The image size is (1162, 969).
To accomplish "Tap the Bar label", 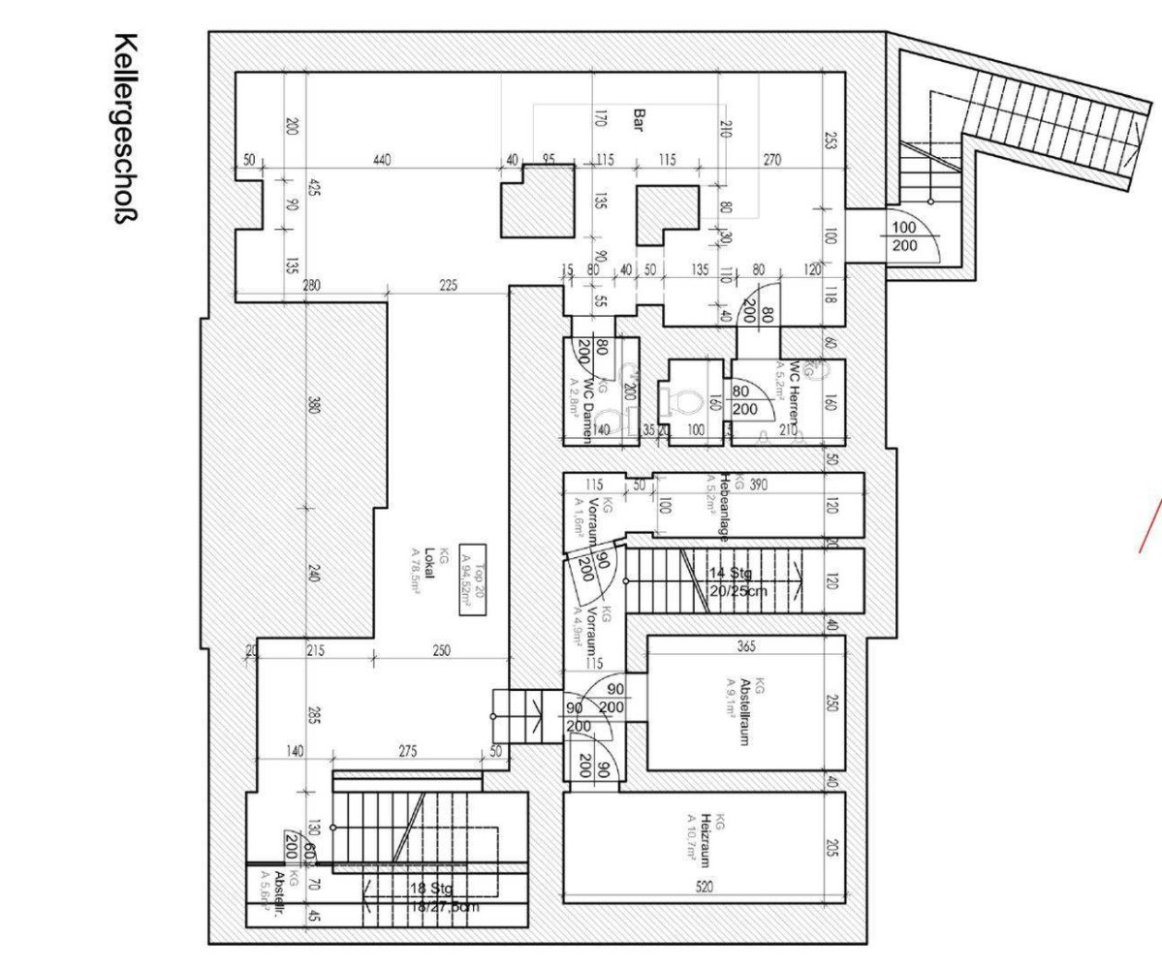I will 639,119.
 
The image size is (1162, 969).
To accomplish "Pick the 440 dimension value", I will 382,160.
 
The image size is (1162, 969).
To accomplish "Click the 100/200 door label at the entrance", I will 903,235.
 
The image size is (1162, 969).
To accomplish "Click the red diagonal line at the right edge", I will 1151,524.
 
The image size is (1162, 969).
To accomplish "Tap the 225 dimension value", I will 448,286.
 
